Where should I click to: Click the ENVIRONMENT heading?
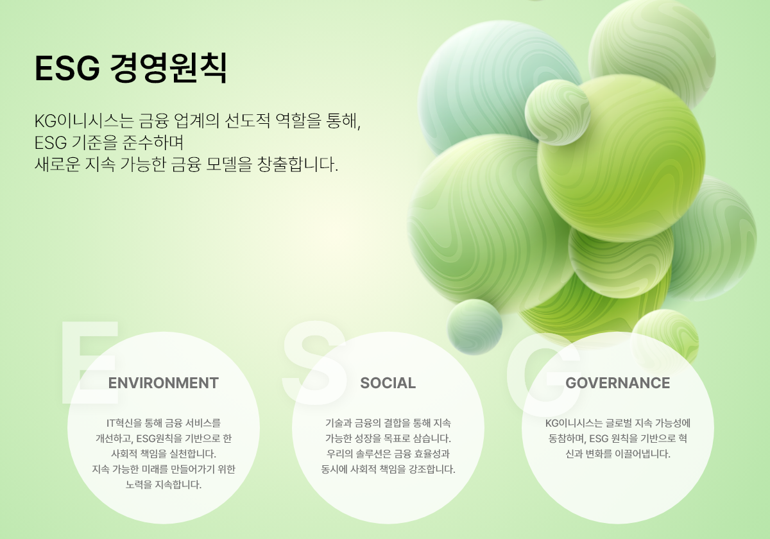point(163,383)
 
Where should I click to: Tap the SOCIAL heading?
point(388,383)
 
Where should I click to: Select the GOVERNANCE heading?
point(617,383)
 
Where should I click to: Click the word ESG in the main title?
point(67,68)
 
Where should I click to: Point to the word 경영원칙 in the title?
point(168,68)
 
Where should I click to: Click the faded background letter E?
point(90,363)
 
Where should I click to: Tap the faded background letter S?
point(314,363)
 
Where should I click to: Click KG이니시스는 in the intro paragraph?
point(84,121)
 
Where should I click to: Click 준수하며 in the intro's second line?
point(153,142)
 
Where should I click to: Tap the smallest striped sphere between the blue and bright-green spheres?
point(558,113)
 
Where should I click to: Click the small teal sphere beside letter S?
point(474,327)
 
